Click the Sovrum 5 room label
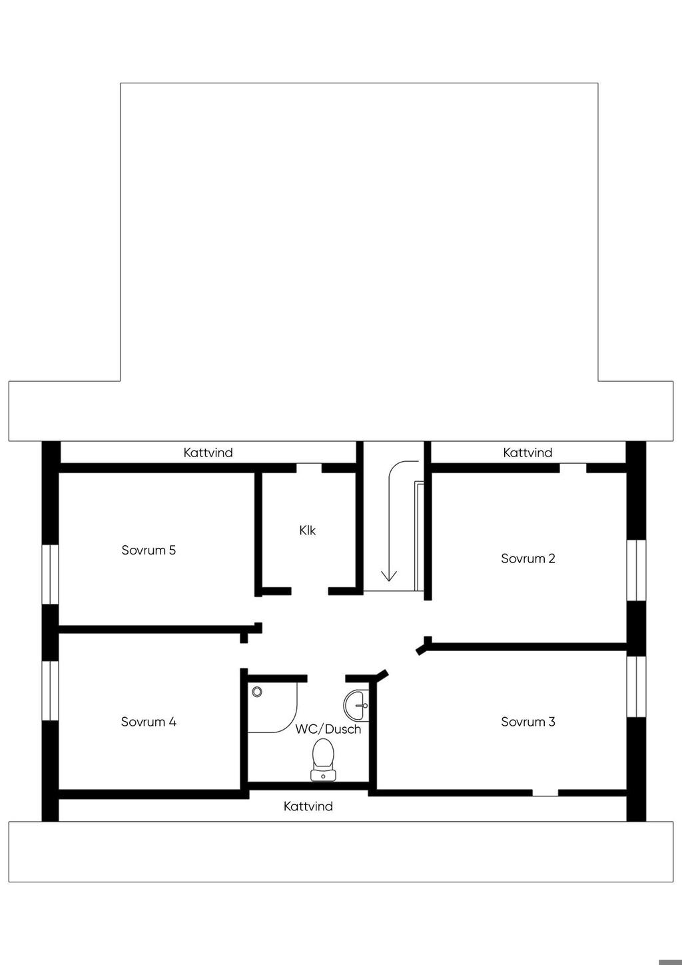pyautogui.click(x=149, y=550)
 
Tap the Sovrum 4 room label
pyautogui.click(x=149, y=722)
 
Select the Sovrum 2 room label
pyautogui.click(x=527, y=558)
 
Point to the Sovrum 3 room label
pyautogui.click(x=527, y=722)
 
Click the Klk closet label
pyautogui.click(x=307, y=530)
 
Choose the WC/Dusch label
pyautogui.click(x=328, y=729)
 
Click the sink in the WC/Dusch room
pyautogui.click(x=356, y=704)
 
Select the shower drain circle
pyautogui.click(x=257, y=692)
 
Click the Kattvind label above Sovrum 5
pyautogui.click(x=208, y=453)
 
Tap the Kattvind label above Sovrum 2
pyautogui.click(x=527, y=453)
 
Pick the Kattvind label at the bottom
pyautogui.click(x=308, y=806)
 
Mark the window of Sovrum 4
pyautogui.click(x=51, y=690)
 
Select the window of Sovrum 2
pyautogui.click(x=637, y=570)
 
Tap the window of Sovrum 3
pyautogui.click(x=637, y=686)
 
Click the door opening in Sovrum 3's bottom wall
pyautogui.click(x=545, y=793)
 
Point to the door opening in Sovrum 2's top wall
pyautogui.click(x=573, y=468)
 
